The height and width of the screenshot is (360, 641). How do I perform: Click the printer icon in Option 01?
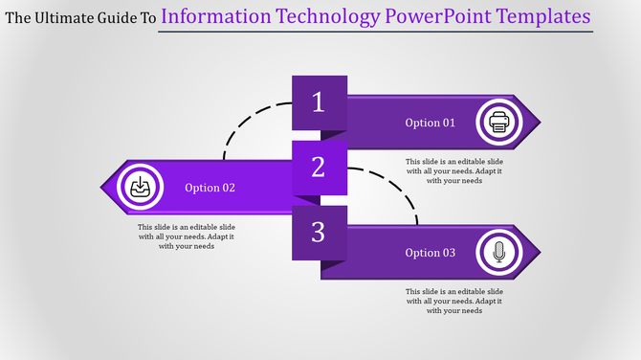point(499,123)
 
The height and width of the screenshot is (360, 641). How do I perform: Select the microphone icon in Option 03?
point(498,253)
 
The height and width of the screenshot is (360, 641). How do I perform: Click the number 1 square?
point(320,102)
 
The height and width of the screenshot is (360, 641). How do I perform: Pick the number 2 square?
point(320,168)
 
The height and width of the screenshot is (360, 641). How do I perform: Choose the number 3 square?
point(320,232)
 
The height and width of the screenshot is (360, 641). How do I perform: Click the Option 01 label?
point(431,123)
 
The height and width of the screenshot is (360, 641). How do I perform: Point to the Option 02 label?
point(210,188)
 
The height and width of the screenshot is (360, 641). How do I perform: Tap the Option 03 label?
point(431,253)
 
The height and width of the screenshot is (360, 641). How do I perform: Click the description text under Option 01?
point(453,170)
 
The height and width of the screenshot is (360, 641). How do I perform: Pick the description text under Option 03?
point(453,301)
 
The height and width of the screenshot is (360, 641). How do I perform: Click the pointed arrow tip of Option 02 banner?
point(105,187)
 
